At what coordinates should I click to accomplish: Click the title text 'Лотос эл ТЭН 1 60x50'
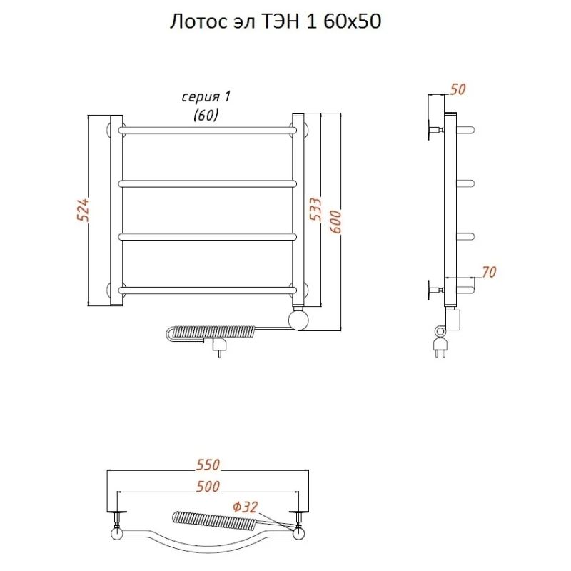tap(276, 21)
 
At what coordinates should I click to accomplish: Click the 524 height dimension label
tap(84, 210)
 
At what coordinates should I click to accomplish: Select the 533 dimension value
tap(315, 209)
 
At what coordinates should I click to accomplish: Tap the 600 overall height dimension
tap(335, 222)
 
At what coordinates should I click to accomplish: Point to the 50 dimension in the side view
tap(458, 89)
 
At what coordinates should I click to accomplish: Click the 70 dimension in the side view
tap(489, 272)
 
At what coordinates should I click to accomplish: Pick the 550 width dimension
tap(208, 465)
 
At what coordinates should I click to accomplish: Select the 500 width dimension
tap(208, 487)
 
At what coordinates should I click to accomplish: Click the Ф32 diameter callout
tap(245, 507)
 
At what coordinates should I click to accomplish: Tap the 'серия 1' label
tap(206, 97)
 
